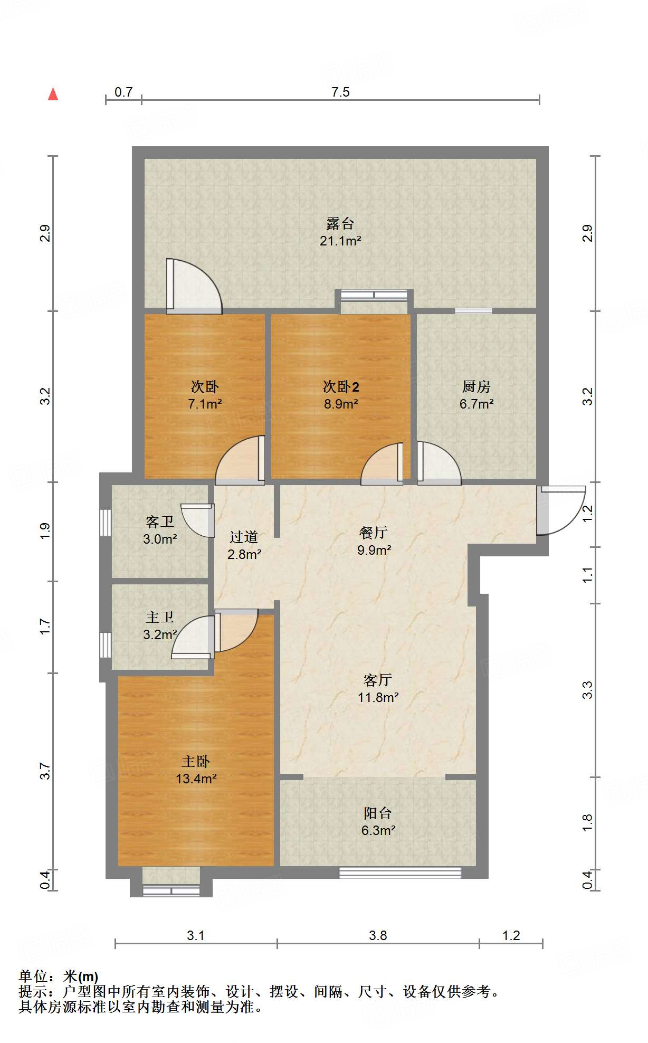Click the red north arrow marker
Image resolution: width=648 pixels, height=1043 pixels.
(x=53, y=94)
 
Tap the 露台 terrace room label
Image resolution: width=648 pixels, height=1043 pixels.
(x=340, y=224)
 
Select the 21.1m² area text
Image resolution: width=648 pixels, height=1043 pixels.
(x=340, y=241)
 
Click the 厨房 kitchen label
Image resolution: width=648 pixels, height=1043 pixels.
(x=476, y=387)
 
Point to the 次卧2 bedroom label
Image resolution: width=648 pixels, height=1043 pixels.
(x=341, y=387)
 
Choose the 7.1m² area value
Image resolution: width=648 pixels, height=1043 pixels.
(x=205, y=404)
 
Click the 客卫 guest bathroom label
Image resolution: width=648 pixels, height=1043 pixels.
(x=160, y=522)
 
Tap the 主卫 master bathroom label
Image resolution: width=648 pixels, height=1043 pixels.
(x=160, y=617)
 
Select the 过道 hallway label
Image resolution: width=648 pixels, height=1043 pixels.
(x=244, y=537)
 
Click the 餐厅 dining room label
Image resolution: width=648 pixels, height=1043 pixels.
(x=374, y=533)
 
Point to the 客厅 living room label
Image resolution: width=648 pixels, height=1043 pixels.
(x=378, y=680)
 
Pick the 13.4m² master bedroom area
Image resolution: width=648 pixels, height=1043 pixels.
(x=196, y=779)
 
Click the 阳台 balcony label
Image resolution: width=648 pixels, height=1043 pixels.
(x=378, y=813)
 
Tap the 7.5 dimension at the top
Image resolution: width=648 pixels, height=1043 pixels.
(x=340, y=92)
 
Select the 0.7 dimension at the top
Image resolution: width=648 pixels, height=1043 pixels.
(x=123, y=92)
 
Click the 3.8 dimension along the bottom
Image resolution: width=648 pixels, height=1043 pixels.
(x=378, y=936)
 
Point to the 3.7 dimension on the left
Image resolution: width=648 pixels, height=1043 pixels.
(x=45, y=771)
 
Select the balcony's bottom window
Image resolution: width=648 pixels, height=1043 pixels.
(x=400, y=873)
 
